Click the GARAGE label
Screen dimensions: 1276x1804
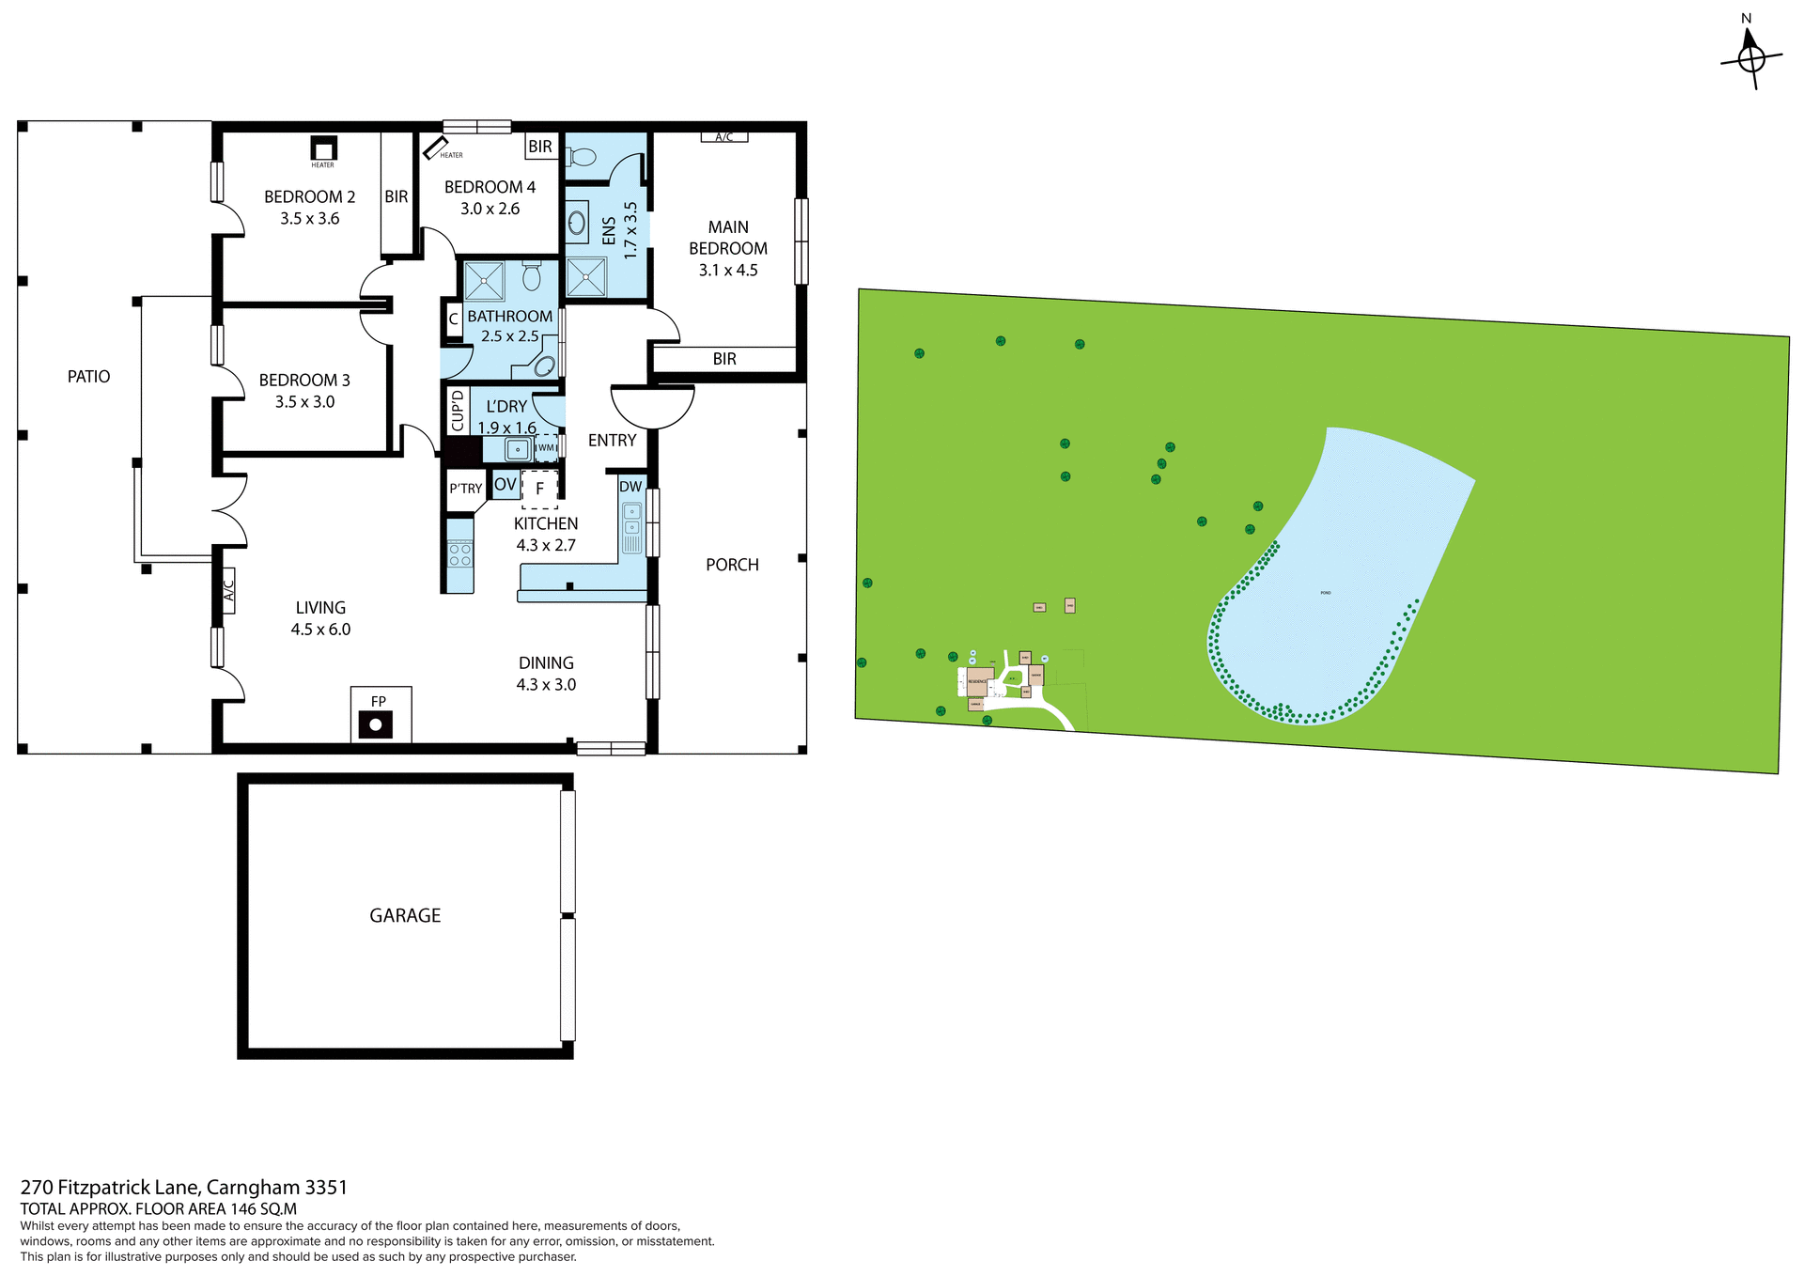tap(405, 915)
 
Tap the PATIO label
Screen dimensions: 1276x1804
tap(88, 377)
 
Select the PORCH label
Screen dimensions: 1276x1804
tap(732, 565)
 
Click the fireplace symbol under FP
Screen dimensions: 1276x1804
tap(375, 724)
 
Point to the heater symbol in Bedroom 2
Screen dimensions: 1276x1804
tap(323, 148)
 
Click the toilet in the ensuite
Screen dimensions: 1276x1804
tap(583, 156)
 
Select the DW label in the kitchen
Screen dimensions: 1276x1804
tap(630, 487)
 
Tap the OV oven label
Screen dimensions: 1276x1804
tap(505, 485)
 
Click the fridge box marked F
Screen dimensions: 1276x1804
tap(539, 489)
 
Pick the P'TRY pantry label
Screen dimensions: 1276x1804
tap(465, 489)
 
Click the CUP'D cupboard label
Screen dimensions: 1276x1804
tap(458, 410)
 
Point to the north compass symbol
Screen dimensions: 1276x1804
tap(1751, 57)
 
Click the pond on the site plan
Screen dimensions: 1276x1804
tap(1334, 592)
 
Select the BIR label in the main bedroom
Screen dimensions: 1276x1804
tap(724, 359)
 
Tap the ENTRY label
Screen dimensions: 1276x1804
tap(612, 441)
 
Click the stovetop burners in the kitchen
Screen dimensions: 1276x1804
tap(459, 554)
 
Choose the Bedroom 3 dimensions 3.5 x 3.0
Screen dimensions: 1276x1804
tap(304, 402)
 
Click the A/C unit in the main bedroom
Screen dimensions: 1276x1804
tap(723, 137)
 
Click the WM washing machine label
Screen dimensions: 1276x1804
tap(546, 448)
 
